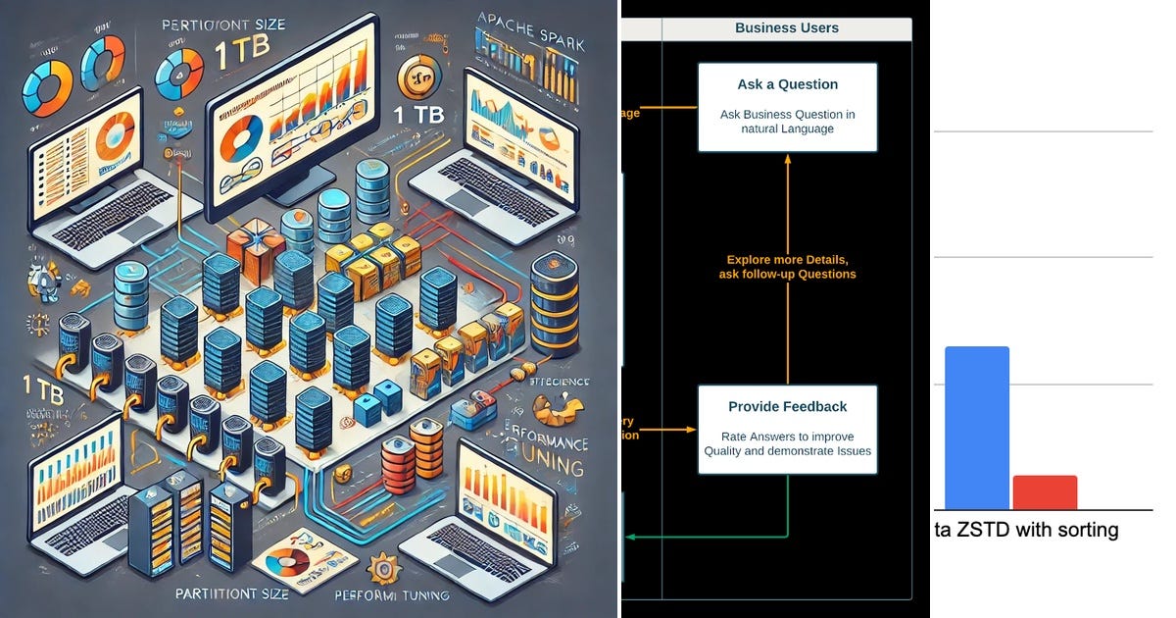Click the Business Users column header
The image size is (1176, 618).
tap(786, 28)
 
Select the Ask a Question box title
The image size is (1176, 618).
tap(787, 84)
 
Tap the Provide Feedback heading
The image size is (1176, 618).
tap(787, 406)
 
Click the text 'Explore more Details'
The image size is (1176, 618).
tap(787, 259)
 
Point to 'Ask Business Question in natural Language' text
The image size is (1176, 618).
tap(787, 122)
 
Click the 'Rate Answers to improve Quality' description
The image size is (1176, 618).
tap(787, 444)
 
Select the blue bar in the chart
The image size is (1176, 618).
tap(976, 428)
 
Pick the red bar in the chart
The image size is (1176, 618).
tap(1045, 492)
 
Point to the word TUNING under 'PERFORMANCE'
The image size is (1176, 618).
tap(548, 468)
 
